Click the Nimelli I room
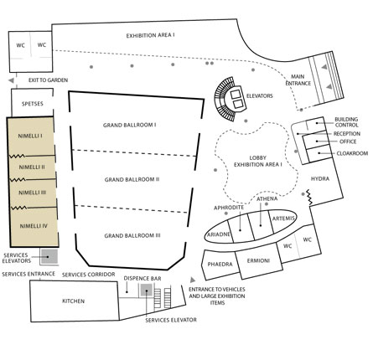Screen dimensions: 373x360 click(31, 136)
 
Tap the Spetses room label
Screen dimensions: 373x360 click(33, 104)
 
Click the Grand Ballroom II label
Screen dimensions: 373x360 click(132, 179)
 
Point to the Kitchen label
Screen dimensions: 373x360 click(73, 301)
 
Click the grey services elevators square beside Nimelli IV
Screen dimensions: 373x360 click(49, 256)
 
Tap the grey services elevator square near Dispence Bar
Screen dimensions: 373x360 click(146, 291)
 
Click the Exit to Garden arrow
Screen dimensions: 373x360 click(11, 80)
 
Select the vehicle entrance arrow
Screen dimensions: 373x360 click(193, 280)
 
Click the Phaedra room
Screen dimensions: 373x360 click(220, 265)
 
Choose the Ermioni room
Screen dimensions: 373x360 click(259, 260)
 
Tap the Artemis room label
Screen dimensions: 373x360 click(283, 219)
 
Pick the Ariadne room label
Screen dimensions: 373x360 click(219, 234)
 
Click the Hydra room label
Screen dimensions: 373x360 click(320, 178)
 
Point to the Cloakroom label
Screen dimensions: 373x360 click(352, 153)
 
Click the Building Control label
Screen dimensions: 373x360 click(346, 122)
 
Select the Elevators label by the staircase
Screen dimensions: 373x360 click(260, 96)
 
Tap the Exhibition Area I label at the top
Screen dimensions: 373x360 click(151, 36)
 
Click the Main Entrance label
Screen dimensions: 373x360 click(298, 80)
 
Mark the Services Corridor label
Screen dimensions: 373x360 click(89, 275)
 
